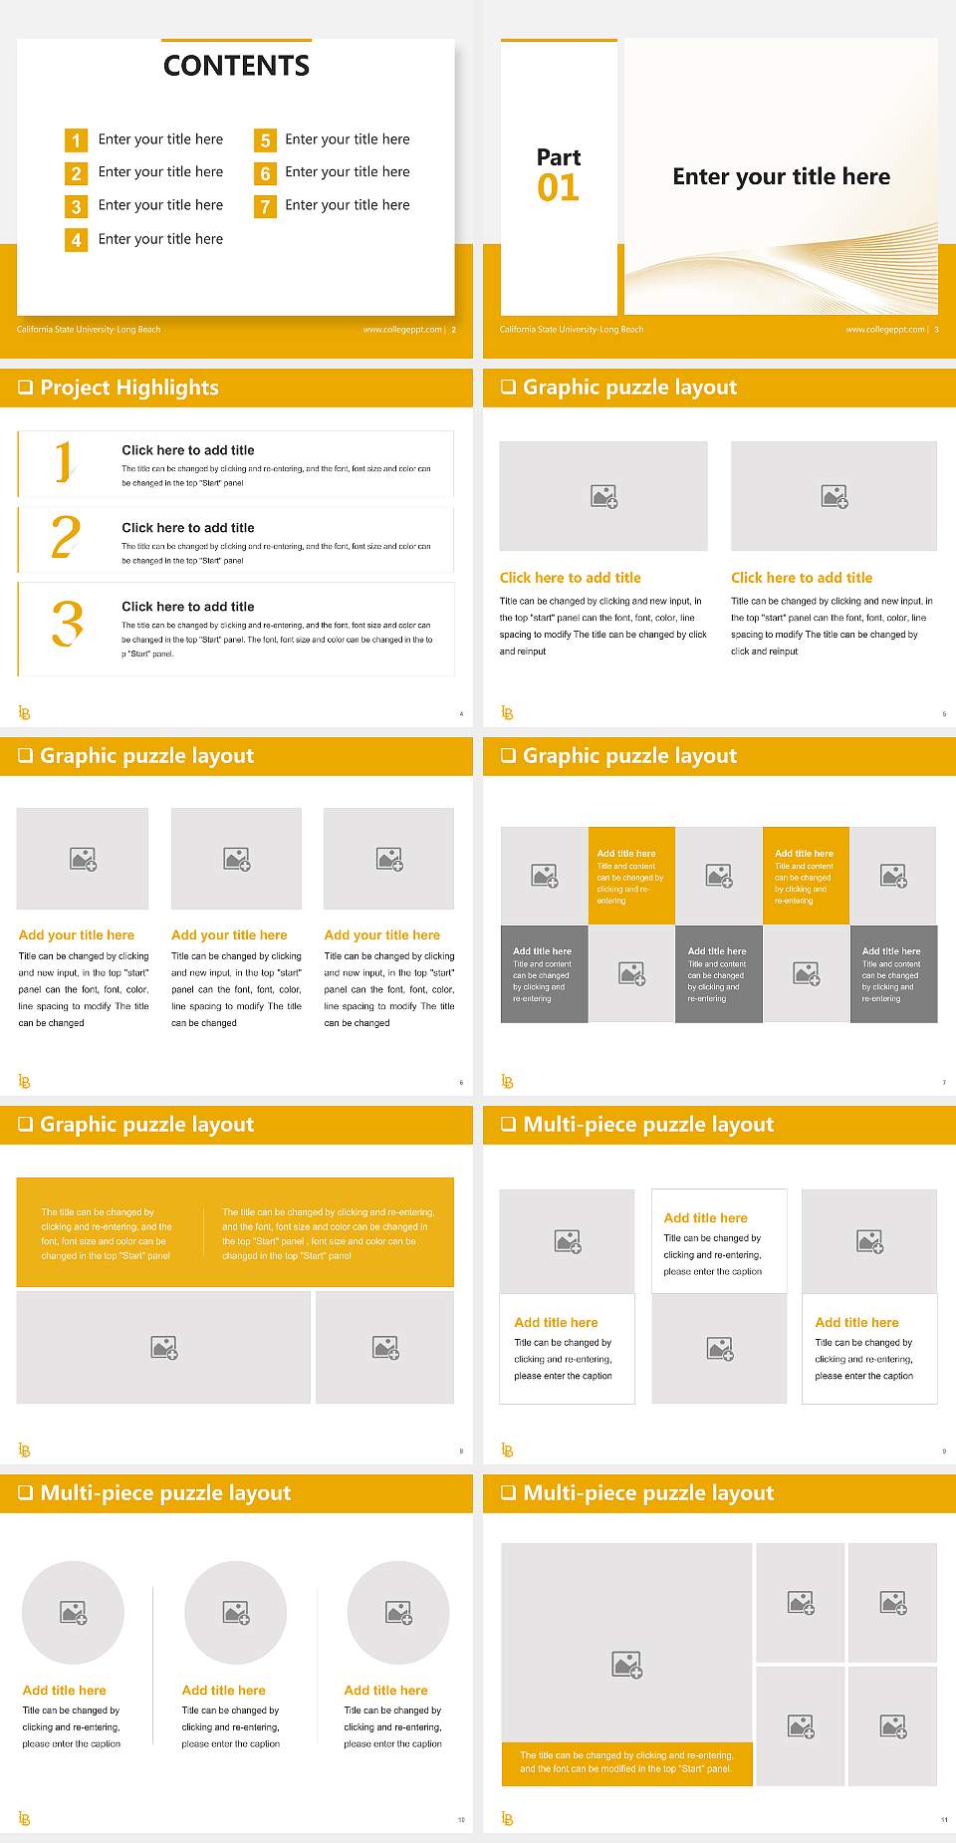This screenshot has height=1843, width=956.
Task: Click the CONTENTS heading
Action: point(236,66)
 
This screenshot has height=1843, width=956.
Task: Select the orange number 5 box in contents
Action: point(265,140)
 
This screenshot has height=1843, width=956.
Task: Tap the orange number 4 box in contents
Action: point(76,240)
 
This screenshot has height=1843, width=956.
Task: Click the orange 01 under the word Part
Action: point(558,188)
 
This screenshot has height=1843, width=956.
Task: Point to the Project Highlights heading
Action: point(129,388)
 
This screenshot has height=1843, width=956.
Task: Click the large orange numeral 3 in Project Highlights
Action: point(67,625)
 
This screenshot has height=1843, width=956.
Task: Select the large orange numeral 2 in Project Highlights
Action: point(66,537)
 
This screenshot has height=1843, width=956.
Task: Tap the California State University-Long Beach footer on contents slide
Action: point(89,330)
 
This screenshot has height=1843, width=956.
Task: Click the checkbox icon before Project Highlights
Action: point(25,388)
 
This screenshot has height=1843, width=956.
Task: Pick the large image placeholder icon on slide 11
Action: point(627,1664)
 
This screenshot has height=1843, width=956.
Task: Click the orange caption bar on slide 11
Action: point(626,1762)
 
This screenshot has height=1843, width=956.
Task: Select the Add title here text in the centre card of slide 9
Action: point(705,1217)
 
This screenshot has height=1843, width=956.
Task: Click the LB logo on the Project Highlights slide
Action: point(25,712)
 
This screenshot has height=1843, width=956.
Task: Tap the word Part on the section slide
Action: point(558,157)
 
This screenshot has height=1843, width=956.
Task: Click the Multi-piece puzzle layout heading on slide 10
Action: point(165,1492)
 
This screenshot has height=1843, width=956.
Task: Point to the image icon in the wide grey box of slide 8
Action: point(164,1348)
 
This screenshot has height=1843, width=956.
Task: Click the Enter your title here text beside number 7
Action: point(348,205)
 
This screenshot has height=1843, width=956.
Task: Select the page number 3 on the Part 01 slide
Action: point(936,330)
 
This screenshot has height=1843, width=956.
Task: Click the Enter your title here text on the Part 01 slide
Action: point(781,177)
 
